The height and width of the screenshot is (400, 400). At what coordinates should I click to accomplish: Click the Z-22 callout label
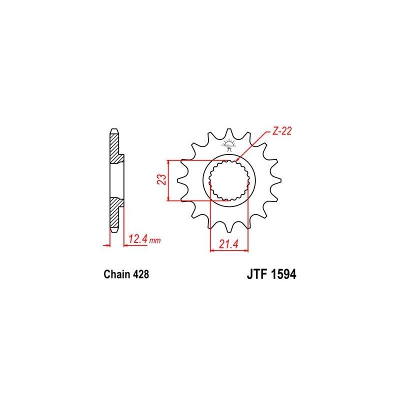click(x=282, y=131)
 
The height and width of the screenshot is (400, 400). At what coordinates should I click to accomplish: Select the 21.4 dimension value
click(x=227, y=244)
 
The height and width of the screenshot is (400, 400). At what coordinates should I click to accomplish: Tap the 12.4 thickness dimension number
click(x=137, y=239)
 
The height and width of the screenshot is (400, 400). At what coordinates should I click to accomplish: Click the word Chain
click(x=116, y=274)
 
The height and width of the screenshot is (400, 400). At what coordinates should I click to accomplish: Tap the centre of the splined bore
click(x=228, y=180)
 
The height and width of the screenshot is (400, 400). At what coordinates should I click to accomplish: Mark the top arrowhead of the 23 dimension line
click(x=170, y=162)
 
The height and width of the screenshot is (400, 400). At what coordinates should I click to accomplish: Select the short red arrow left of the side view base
click(x=106, y=245)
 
